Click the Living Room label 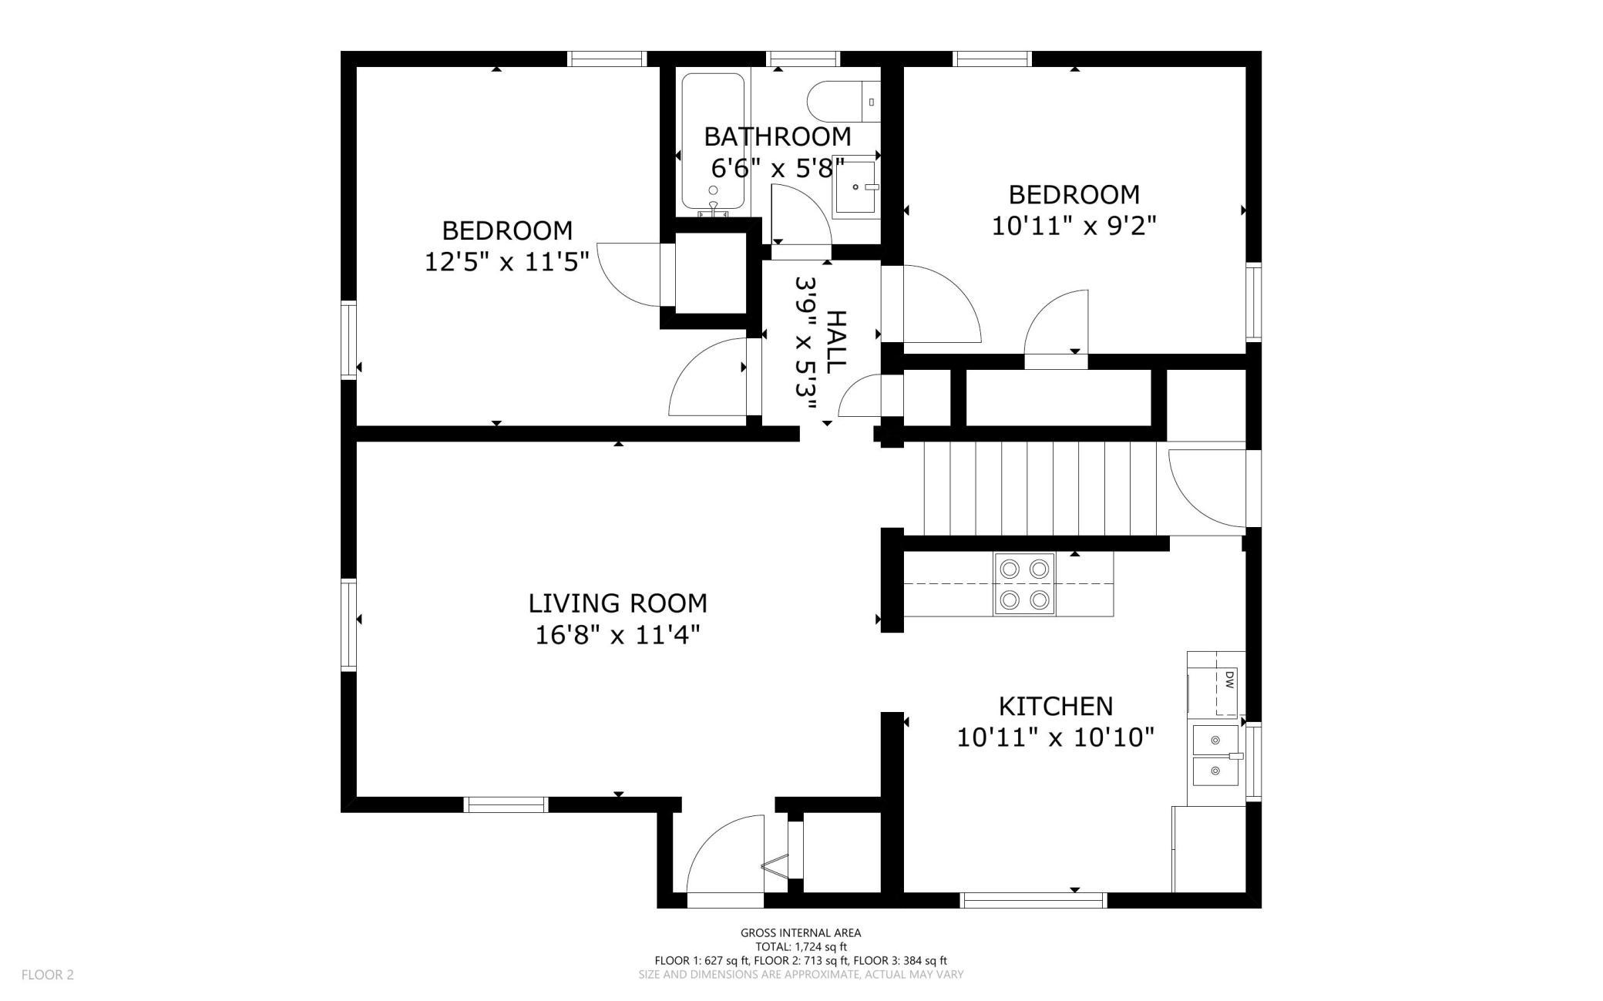617,603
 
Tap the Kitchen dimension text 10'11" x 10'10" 1055,737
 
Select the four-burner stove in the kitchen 1024,584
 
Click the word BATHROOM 777,136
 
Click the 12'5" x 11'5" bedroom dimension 507,262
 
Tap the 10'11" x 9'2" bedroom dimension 1074,226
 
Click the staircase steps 1046,488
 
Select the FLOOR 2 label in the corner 48,975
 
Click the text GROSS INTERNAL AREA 801,932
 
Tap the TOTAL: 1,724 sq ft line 801,946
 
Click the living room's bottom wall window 506,805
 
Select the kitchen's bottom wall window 1033,900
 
